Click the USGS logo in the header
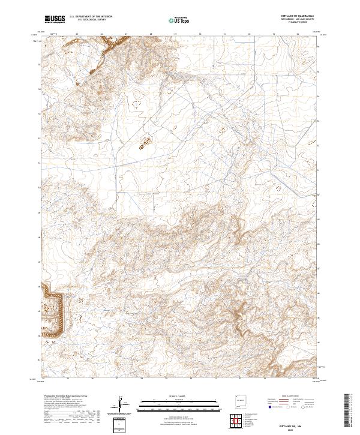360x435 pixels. click(54, 19)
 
